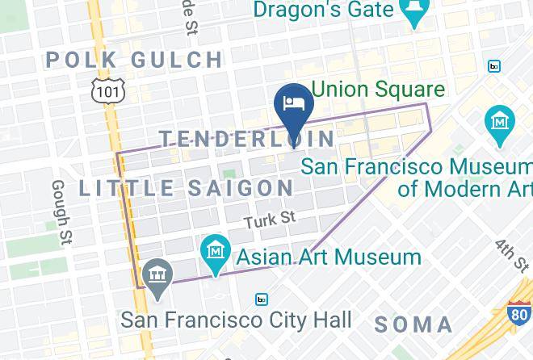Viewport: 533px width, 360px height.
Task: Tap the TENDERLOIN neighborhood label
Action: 247,139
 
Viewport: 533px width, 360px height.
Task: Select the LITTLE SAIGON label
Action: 187,188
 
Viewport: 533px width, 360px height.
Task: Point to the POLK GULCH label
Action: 135,60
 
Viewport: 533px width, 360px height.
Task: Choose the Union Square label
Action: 379,89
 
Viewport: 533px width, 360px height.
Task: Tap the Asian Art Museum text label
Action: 329,257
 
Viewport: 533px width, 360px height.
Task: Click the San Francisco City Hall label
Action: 236,320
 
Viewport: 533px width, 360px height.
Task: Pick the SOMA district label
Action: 413,325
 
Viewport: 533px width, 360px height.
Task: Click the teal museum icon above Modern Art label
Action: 501,122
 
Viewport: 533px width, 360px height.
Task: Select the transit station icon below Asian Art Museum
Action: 262,299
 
